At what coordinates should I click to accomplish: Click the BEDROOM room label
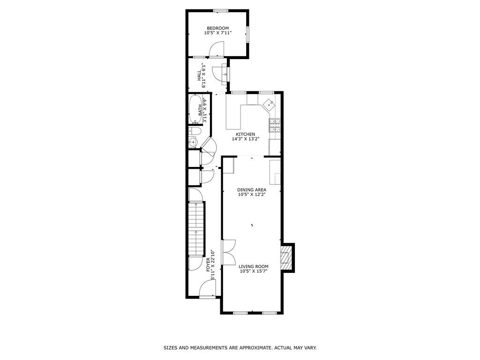coord(217,28)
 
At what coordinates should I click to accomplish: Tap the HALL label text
coord(199,75)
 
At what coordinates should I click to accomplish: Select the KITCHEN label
coord(246,135)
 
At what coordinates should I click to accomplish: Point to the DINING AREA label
coord(252,190)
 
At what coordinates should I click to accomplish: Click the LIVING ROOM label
coord(254,267)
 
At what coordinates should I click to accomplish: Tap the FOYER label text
coord(208,264)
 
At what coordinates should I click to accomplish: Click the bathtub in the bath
coord(195,109)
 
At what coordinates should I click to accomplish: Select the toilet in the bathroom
coord(195,132)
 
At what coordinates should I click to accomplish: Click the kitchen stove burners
coord(275,125)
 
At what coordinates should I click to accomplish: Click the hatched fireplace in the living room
coord(287,258)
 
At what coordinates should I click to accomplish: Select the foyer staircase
coord(196,228)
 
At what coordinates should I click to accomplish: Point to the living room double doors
coord(228,252)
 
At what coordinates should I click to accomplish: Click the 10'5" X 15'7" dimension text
coord(254,271)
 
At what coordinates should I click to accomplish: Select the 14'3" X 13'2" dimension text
coord(246,139)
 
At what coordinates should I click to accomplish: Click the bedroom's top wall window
coord(221,11)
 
